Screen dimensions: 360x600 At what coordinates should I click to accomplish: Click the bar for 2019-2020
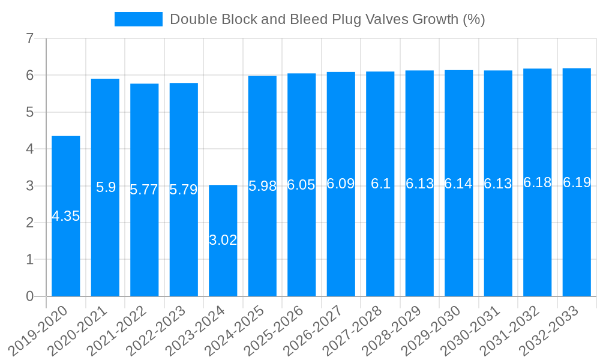click(66, 252)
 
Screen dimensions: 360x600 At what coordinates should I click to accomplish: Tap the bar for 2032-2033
click(577, 240)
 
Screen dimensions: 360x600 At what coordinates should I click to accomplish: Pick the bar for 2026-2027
click(341, 240)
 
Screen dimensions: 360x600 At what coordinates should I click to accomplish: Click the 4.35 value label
click(66, 217)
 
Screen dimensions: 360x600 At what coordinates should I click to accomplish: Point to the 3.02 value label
click(223, 241)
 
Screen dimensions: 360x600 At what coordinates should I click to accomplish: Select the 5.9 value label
click(106, 187)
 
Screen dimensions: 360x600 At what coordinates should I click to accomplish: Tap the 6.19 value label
click(577, 182)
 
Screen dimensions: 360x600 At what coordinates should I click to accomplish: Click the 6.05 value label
click(301, 185)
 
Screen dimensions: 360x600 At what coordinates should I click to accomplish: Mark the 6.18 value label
click(537, 182)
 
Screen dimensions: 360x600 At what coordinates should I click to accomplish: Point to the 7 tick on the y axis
click(29, 39)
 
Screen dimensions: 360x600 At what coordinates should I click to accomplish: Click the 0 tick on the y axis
click(29, 296)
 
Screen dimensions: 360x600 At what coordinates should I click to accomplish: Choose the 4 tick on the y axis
click(29, 149)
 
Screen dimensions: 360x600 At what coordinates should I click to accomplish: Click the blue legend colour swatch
click(139, 19)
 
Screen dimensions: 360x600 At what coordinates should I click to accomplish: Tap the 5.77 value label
click(145, 190)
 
